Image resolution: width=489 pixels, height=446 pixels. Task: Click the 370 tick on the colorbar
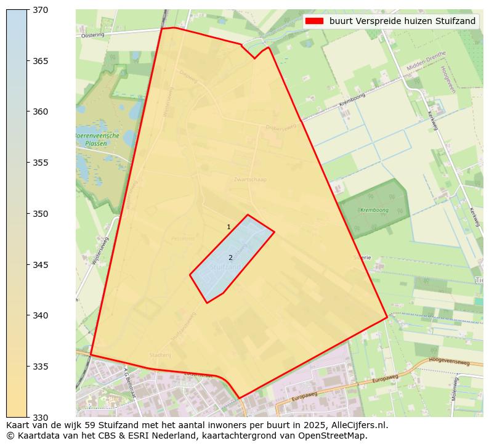[41, 10]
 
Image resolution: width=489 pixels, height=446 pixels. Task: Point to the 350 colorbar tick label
[41, 214]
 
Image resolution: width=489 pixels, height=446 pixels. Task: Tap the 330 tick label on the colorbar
[41, 417]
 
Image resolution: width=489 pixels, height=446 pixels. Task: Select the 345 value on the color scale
[41, 265]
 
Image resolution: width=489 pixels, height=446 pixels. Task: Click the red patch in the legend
[313, 21]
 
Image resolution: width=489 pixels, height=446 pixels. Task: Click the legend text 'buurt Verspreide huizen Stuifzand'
[402, 21]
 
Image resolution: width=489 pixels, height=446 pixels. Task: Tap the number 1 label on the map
[228, 227]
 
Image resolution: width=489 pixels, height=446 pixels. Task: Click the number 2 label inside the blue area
[230, 257]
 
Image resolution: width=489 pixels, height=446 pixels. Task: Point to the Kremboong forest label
[374, 211]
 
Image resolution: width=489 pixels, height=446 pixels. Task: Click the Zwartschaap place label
[250, 179]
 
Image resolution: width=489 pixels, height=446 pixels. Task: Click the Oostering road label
[92, 35]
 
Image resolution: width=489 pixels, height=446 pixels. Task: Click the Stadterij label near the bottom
[160, 355]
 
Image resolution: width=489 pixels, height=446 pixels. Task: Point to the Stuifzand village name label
[226, 268]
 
